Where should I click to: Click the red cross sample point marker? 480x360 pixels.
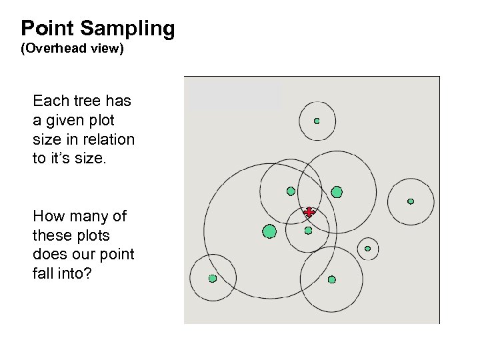(x=309, y=212)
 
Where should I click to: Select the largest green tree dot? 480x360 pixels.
(x=269, y=231)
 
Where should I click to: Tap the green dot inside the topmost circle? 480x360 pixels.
(x=317, y=121)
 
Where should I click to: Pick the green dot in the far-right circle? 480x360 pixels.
(x=411, y=201)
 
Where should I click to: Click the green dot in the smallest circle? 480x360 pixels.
(x=367, y=249)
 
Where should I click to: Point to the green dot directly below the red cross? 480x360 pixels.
(x=308, y=231)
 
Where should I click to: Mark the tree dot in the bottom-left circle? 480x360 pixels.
(x=213, y=278)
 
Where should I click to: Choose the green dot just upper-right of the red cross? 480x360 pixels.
(x=337, y=192)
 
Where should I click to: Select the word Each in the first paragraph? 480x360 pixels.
(x=49, y=102)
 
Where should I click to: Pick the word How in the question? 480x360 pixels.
(x=47, y=217)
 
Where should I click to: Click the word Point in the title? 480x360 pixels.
(x=49, y=29)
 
